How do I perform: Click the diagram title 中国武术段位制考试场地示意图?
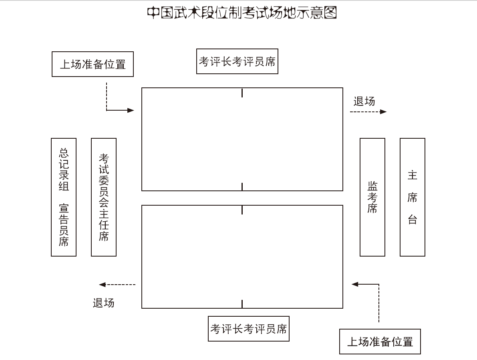tap(242, 13)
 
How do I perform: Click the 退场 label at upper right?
tap(364, 101)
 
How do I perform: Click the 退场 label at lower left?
tap(103, 303)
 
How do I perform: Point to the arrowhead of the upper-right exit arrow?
tap(383, 112)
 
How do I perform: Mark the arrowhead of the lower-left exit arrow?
tap(102, 285)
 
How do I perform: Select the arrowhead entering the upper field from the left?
tap(131, 110)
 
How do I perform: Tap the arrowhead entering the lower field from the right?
tap(355, 284)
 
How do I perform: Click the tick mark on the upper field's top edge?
tap(242, 93)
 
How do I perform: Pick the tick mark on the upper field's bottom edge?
tap(242, 187)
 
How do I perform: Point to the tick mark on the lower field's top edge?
tap(242, 210)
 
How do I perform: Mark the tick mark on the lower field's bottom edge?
tap(242, 304)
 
